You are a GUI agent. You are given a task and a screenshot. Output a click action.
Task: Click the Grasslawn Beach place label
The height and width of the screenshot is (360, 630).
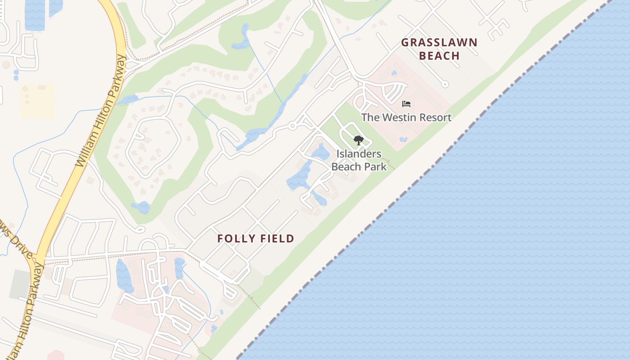click(439, 49)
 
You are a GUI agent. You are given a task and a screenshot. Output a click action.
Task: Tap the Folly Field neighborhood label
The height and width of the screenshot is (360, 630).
click(256, 238)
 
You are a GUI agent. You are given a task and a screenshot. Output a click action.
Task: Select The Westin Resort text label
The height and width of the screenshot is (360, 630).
click(406, 117)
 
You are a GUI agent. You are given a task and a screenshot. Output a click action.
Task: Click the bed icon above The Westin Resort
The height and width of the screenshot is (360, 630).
click(406, 104)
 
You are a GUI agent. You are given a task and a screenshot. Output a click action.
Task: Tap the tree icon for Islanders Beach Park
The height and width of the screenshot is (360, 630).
click(358, 140)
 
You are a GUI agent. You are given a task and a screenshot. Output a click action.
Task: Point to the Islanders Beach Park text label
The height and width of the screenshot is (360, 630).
click(359, 160)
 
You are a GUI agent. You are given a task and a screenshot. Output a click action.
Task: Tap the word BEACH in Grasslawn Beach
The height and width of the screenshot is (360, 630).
click(442, 56)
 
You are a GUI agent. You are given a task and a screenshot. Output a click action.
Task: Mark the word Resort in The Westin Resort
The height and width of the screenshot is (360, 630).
click(434, 117)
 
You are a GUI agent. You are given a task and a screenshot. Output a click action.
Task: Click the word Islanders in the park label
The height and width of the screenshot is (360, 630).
click(359, 154)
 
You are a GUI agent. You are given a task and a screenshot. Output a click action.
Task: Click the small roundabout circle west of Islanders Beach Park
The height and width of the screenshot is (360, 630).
click(292, 126)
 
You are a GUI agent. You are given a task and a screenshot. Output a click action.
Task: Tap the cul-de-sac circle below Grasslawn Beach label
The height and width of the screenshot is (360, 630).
click(445, 84)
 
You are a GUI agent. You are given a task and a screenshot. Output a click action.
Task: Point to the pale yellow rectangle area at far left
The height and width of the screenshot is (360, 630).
click(37, 101)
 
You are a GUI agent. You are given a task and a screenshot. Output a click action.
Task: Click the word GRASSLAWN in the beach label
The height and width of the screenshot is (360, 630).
click(439, 43)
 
